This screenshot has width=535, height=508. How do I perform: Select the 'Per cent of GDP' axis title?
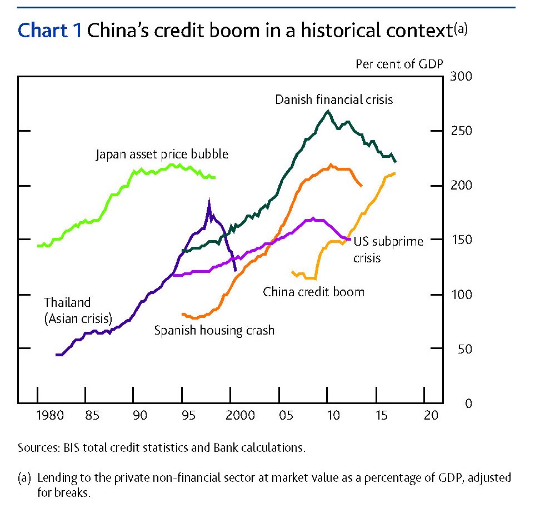399,63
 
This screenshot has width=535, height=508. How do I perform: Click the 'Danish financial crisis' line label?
334,99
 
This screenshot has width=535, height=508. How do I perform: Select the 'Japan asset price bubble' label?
162,154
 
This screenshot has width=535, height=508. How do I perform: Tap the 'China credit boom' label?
313,291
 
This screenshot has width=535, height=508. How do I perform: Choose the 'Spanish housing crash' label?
214,330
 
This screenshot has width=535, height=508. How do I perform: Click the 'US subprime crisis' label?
388,249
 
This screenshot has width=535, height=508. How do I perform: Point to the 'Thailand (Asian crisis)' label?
78,311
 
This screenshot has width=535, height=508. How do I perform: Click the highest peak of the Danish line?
328,111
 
